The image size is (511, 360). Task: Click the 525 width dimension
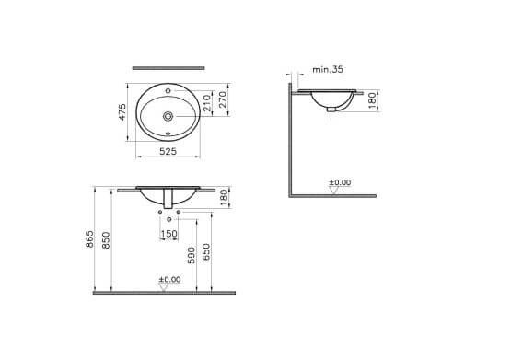coord(168,151)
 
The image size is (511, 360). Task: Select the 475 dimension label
coord(122,112)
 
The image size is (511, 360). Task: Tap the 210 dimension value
coord(207,103)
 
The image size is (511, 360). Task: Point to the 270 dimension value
coord(223,99)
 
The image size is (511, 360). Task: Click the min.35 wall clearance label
coord(328,69)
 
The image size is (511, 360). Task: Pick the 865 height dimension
coord(89,238)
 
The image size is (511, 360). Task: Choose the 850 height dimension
coord(106,240)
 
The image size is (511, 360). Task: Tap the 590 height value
coord(192,255)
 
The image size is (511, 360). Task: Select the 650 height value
coord(206,252)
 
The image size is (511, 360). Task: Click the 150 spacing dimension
coord(169,234)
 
